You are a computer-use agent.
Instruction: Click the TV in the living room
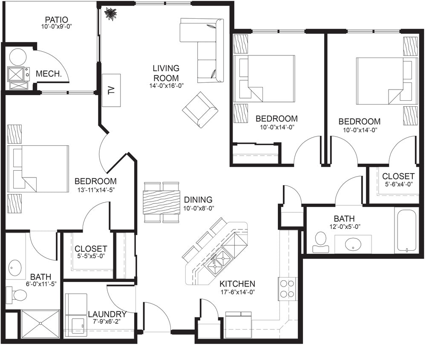click(111, 90)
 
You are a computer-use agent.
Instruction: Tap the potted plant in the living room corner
click(111, 14)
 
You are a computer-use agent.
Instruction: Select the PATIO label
click(57, 20)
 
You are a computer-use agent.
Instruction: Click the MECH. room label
click(47, 73)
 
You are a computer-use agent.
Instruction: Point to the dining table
click(161, 202)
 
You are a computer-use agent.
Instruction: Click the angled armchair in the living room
click(200, 110)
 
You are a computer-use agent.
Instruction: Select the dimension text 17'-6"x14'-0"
click(237, 293)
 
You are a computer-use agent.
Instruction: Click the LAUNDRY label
click(107, 314)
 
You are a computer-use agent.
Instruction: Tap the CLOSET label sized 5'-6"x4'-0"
click(398, 176)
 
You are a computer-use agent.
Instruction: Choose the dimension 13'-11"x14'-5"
click(95, 191)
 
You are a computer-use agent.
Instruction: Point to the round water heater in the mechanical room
click(18, 57)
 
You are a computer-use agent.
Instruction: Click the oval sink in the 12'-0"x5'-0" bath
click(353, 244)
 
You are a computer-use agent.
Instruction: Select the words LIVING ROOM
click(166, 73)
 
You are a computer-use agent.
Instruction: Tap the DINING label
click(198, 200)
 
